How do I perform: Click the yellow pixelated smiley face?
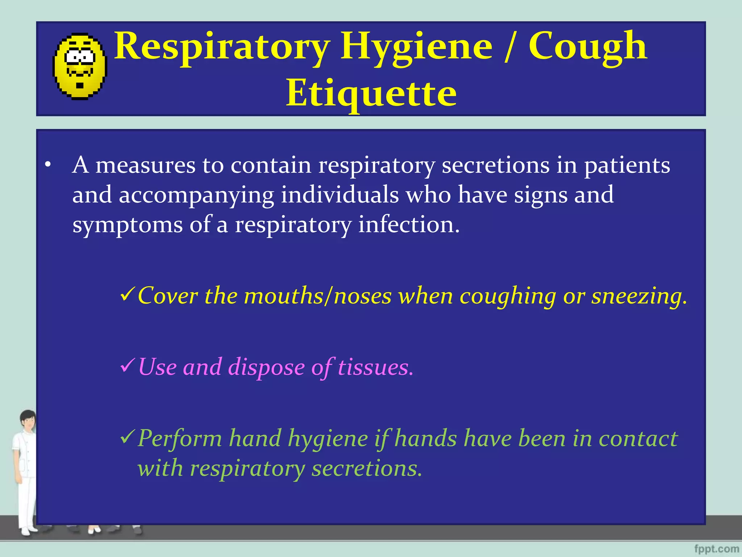tap(80, 66)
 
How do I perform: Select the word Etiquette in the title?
tap(371, 94)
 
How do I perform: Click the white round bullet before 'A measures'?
tap(48, 165)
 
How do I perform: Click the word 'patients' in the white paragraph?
tap(627, 166)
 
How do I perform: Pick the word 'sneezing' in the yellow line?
tap(639, 296)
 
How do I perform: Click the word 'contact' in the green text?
tap(638, 438)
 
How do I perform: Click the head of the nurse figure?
tap(28, 420)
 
